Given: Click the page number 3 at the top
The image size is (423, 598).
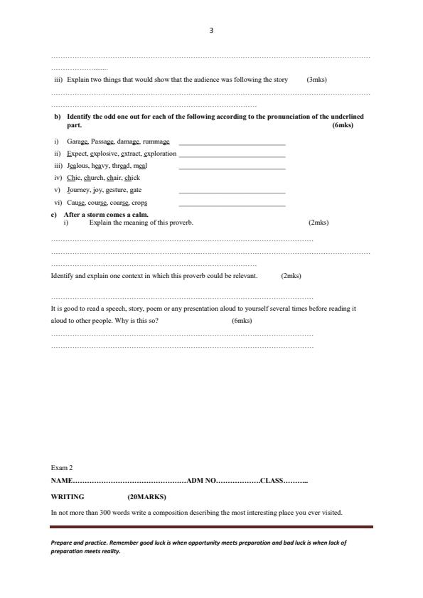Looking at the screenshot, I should pyautogui.click(x=211, y=31).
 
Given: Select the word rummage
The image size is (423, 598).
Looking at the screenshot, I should pyautogui.click(x=156, y=142).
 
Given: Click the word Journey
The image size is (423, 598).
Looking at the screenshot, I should pyautogui.click(x=78, y=190).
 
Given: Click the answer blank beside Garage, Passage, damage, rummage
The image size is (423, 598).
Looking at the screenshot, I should pyautogui.click(x=232, y=143).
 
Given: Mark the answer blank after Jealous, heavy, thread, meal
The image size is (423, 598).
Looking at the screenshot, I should pyautogui.click(x=232, y=167).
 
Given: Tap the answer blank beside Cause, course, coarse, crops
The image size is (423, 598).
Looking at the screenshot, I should pyautogui.click(x=232, y=204).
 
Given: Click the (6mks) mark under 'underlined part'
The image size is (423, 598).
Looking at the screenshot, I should pyautogui.click(x=342, y=125).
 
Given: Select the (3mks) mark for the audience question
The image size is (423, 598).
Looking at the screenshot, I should pyautogui.click(x=316, y=80).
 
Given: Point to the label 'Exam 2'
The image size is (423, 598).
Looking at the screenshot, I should pyautogui.click(x=62, y=468).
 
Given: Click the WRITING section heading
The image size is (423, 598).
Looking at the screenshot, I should pyautogui.click(x=68, y=497).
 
